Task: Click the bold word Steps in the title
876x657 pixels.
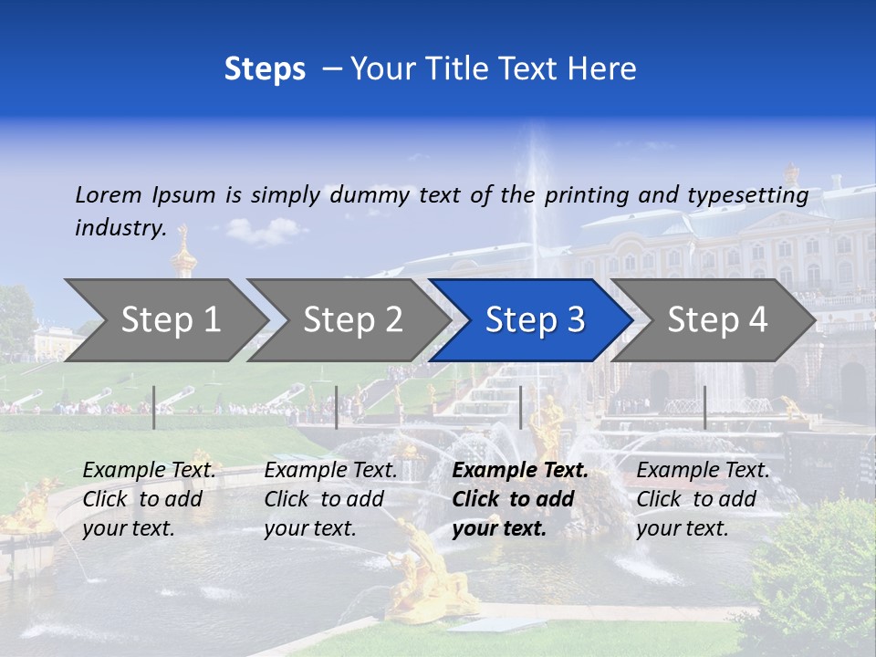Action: [x=265, y=69]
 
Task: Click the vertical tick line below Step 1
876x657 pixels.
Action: [x=154, y=407]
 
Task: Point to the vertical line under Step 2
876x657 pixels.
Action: [x=337, y=407]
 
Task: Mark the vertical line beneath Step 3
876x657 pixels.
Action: [x=520, y=407]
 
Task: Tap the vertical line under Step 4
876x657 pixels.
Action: [x=704, y=407]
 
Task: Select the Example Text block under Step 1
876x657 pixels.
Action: [x=149, y=499]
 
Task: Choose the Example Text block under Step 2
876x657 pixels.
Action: [x=330, y=499]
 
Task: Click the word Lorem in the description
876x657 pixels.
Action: [x=109, y=195]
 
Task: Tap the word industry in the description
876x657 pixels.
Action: [x=120, y=228]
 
